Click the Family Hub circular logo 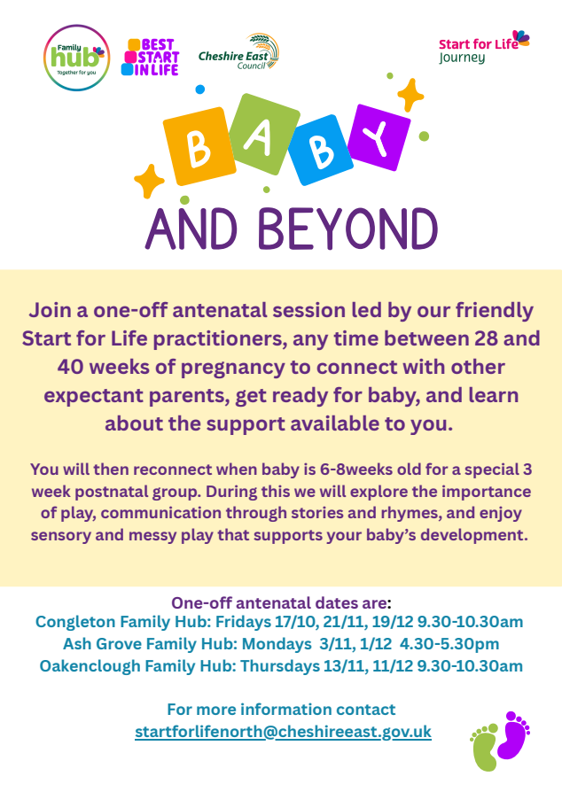click(77, 58)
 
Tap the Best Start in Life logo click(151, 58)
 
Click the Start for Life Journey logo click(483, 48)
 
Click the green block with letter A click(260, 131)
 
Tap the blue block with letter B click(322, 151)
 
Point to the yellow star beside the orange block click(149, 181)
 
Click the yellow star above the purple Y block click(410, 93)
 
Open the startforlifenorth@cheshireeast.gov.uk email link click(283, 732)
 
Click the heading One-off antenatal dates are click(280, 600)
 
